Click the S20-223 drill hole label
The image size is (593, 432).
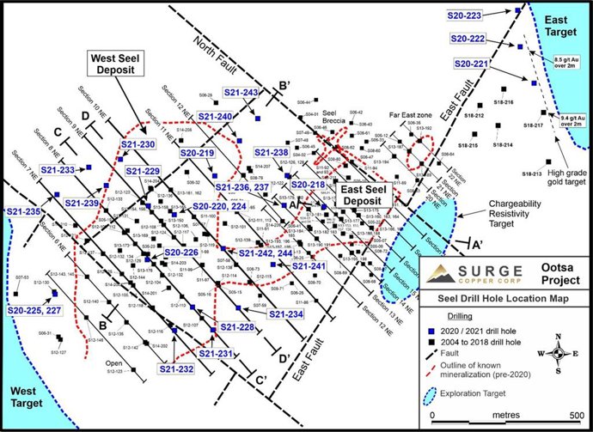click(x=466, y=15)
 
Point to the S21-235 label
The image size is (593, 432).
click(x=23, y=211)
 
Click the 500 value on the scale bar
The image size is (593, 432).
click(x=578, y=412)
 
